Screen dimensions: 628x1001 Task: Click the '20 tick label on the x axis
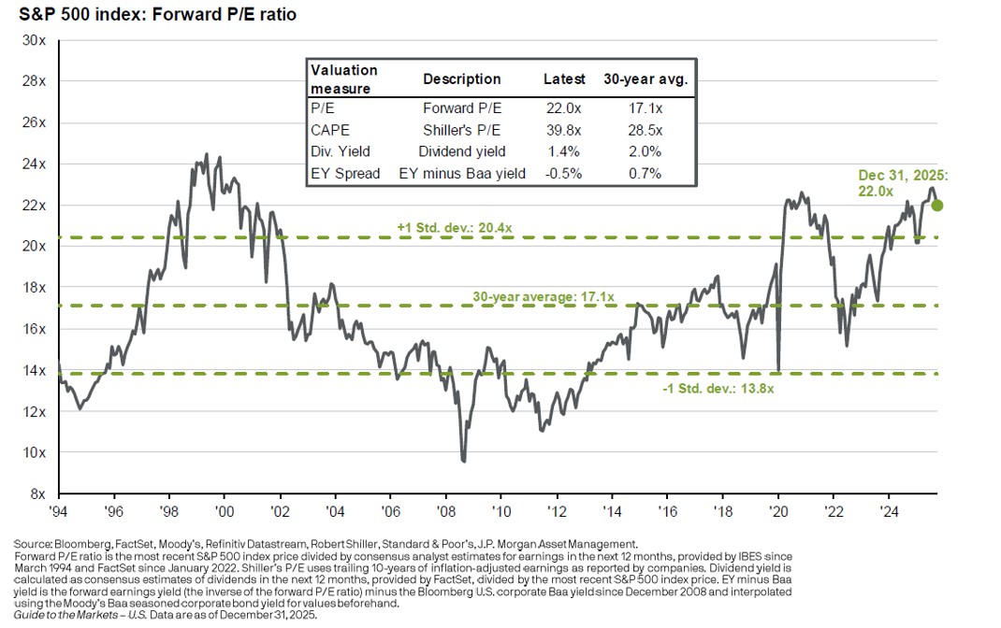coord(777,511)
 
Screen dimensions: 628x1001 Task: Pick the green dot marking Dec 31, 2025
coord(936,206)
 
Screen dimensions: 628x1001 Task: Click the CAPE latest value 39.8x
coord(564,127)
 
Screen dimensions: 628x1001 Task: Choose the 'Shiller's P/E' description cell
coord(462,127)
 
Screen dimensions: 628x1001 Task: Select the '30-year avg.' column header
coord(646,79)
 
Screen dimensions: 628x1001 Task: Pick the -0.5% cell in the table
coord(564,173)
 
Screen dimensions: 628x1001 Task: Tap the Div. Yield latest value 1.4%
coord(564,150)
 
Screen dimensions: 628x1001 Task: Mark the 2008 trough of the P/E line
coord(463,461)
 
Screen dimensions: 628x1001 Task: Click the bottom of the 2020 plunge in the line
coord(778,370)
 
